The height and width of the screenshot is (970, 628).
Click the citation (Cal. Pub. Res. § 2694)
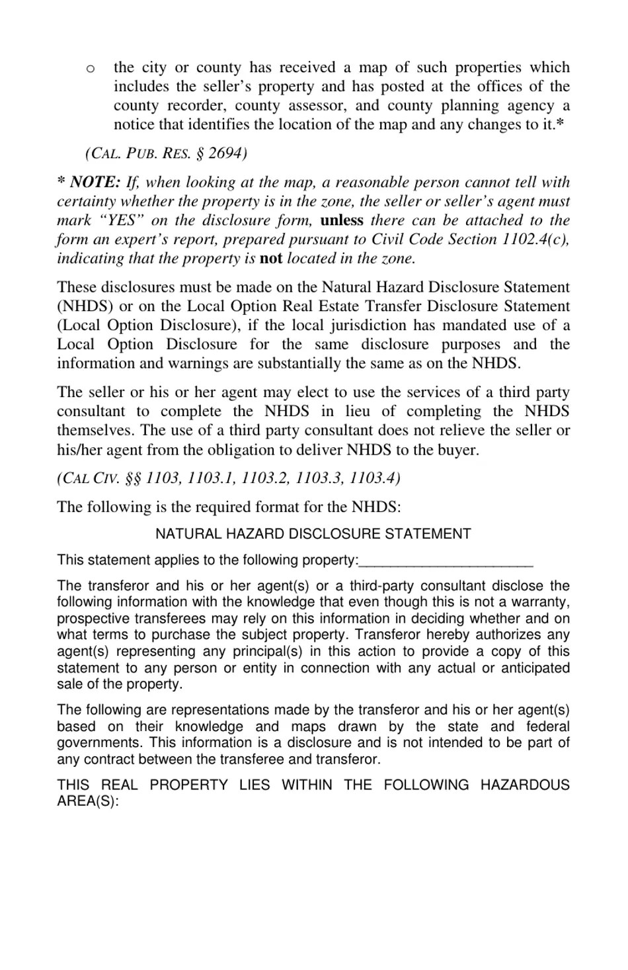(166, 154)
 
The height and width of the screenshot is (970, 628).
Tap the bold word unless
(341, 220)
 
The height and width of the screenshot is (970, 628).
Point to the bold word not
(271, 259)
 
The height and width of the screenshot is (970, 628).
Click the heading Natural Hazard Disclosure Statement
(313, 534)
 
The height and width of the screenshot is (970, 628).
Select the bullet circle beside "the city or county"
(90, 68)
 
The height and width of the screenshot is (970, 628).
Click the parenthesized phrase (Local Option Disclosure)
(149, 326)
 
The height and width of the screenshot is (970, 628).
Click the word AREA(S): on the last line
(88, 801)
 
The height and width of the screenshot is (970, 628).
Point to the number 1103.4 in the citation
(375, 478)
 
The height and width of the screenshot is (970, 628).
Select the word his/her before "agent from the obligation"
(79, 450)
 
